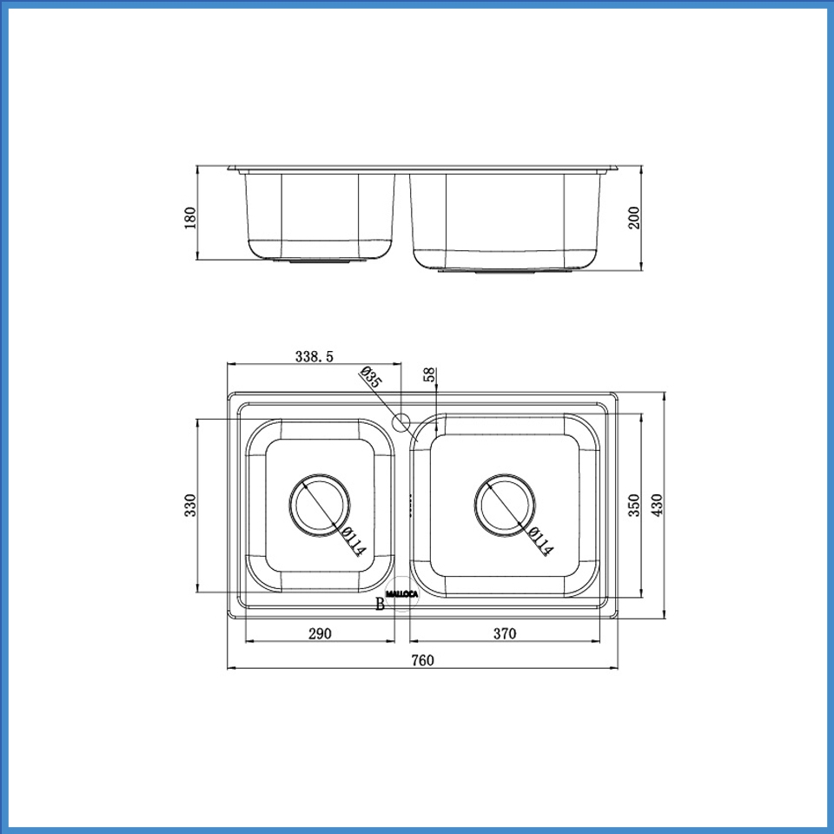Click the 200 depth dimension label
634,217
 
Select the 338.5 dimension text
314,355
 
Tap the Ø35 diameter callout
370,377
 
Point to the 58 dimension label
429,375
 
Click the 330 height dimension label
191,505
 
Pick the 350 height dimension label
634,505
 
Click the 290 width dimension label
320,633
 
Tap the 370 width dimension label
505,633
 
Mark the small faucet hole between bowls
401,424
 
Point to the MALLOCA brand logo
401,594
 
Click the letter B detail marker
380,605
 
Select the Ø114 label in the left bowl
354,542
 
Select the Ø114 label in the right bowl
539,542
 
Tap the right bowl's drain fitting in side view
506,270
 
